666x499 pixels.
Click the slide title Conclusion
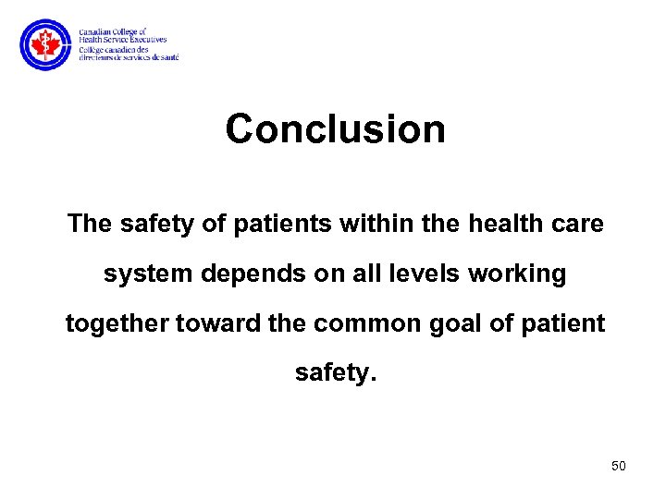[335, 129]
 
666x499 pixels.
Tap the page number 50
[619, 466]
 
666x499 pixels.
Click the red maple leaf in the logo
[43, 45]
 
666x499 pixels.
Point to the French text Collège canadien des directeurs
[129, 53]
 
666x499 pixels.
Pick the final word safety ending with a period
[334, 374]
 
